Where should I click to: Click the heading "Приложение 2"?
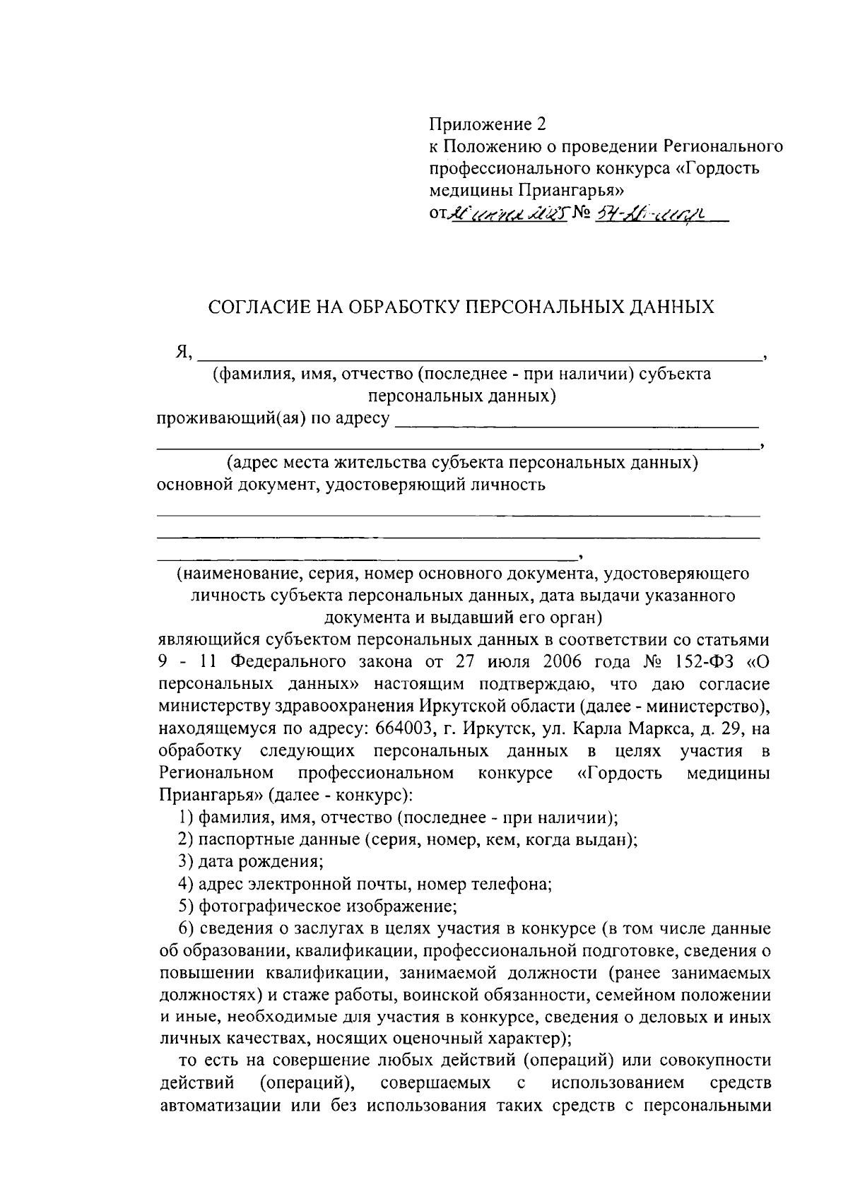[x=488, y=125]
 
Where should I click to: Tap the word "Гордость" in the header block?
[x=723, y=168]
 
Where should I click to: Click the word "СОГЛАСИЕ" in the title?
[x=256, y=307]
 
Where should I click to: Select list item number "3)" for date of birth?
[x=187, y=862]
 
